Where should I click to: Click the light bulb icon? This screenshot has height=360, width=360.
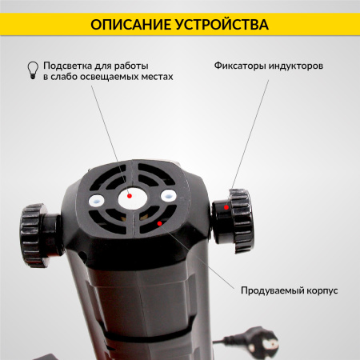[x=33, y=70]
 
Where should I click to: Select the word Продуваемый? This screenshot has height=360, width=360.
[x=269, y=290]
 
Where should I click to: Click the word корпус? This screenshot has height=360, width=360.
[x=320, y=290]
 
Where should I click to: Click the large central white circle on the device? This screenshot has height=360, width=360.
[x=130, y=195]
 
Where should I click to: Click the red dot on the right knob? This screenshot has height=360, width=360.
[x=226, y=207]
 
